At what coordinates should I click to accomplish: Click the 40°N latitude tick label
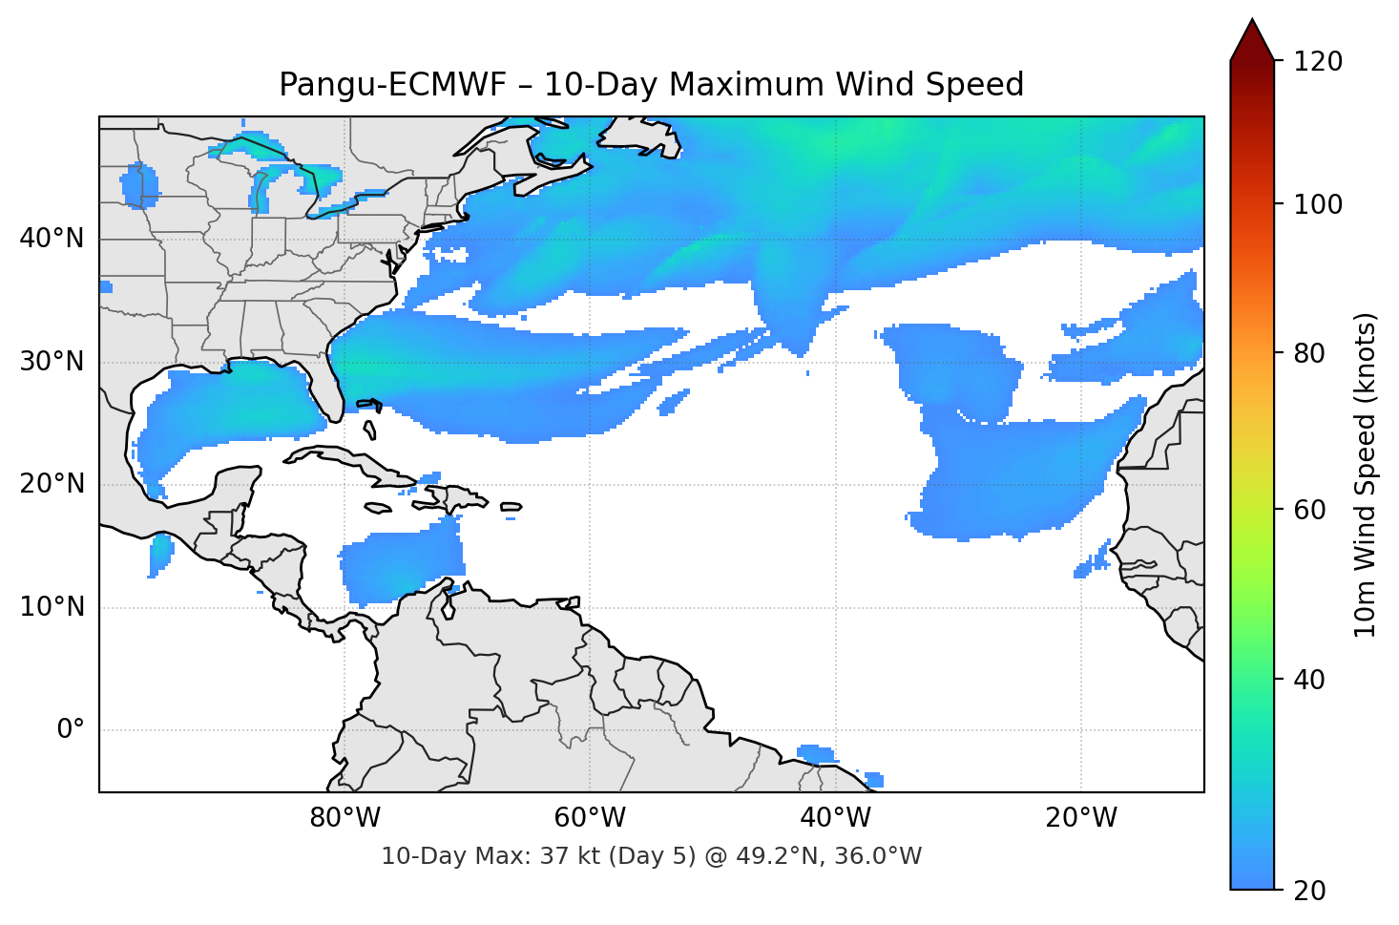52,239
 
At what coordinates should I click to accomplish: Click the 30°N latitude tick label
52,362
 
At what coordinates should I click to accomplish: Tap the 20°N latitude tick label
52,484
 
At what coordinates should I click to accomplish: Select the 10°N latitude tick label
52,607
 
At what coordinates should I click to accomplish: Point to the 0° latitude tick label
70,730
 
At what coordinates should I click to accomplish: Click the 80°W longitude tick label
345,818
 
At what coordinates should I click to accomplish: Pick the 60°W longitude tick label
590,818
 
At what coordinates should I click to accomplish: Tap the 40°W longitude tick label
835,818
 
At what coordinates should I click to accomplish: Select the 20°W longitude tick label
1080,818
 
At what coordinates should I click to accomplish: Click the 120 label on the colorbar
1318,62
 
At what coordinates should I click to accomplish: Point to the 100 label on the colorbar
1318,205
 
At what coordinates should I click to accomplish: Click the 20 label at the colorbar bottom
1309,891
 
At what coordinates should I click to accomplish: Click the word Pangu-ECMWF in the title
392,85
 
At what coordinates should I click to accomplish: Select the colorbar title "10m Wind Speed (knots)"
1366,475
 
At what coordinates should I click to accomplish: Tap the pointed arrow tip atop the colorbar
1252,23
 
